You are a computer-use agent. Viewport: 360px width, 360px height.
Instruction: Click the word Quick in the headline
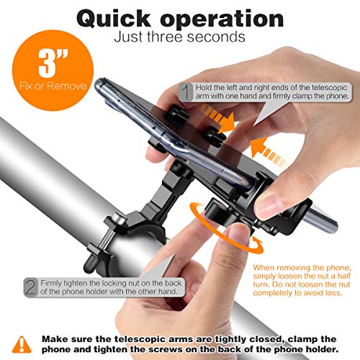click(x=114, y=19)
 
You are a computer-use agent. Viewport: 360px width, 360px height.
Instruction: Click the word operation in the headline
click(x=222, y=19)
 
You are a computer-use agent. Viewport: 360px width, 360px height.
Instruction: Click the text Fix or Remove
click(x=53, y=86)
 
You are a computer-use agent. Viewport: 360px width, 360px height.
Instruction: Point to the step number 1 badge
click(x=186, y=91)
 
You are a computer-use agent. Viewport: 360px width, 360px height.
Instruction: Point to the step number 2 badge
click(x=31, y=287)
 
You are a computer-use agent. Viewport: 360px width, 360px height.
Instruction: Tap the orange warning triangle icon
click(x=22, y=344)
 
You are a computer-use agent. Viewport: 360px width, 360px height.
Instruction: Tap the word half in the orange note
click(x=343, y=276)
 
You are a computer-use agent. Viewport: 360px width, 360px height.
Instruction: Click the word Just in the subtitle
click(x=128, y=37)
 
